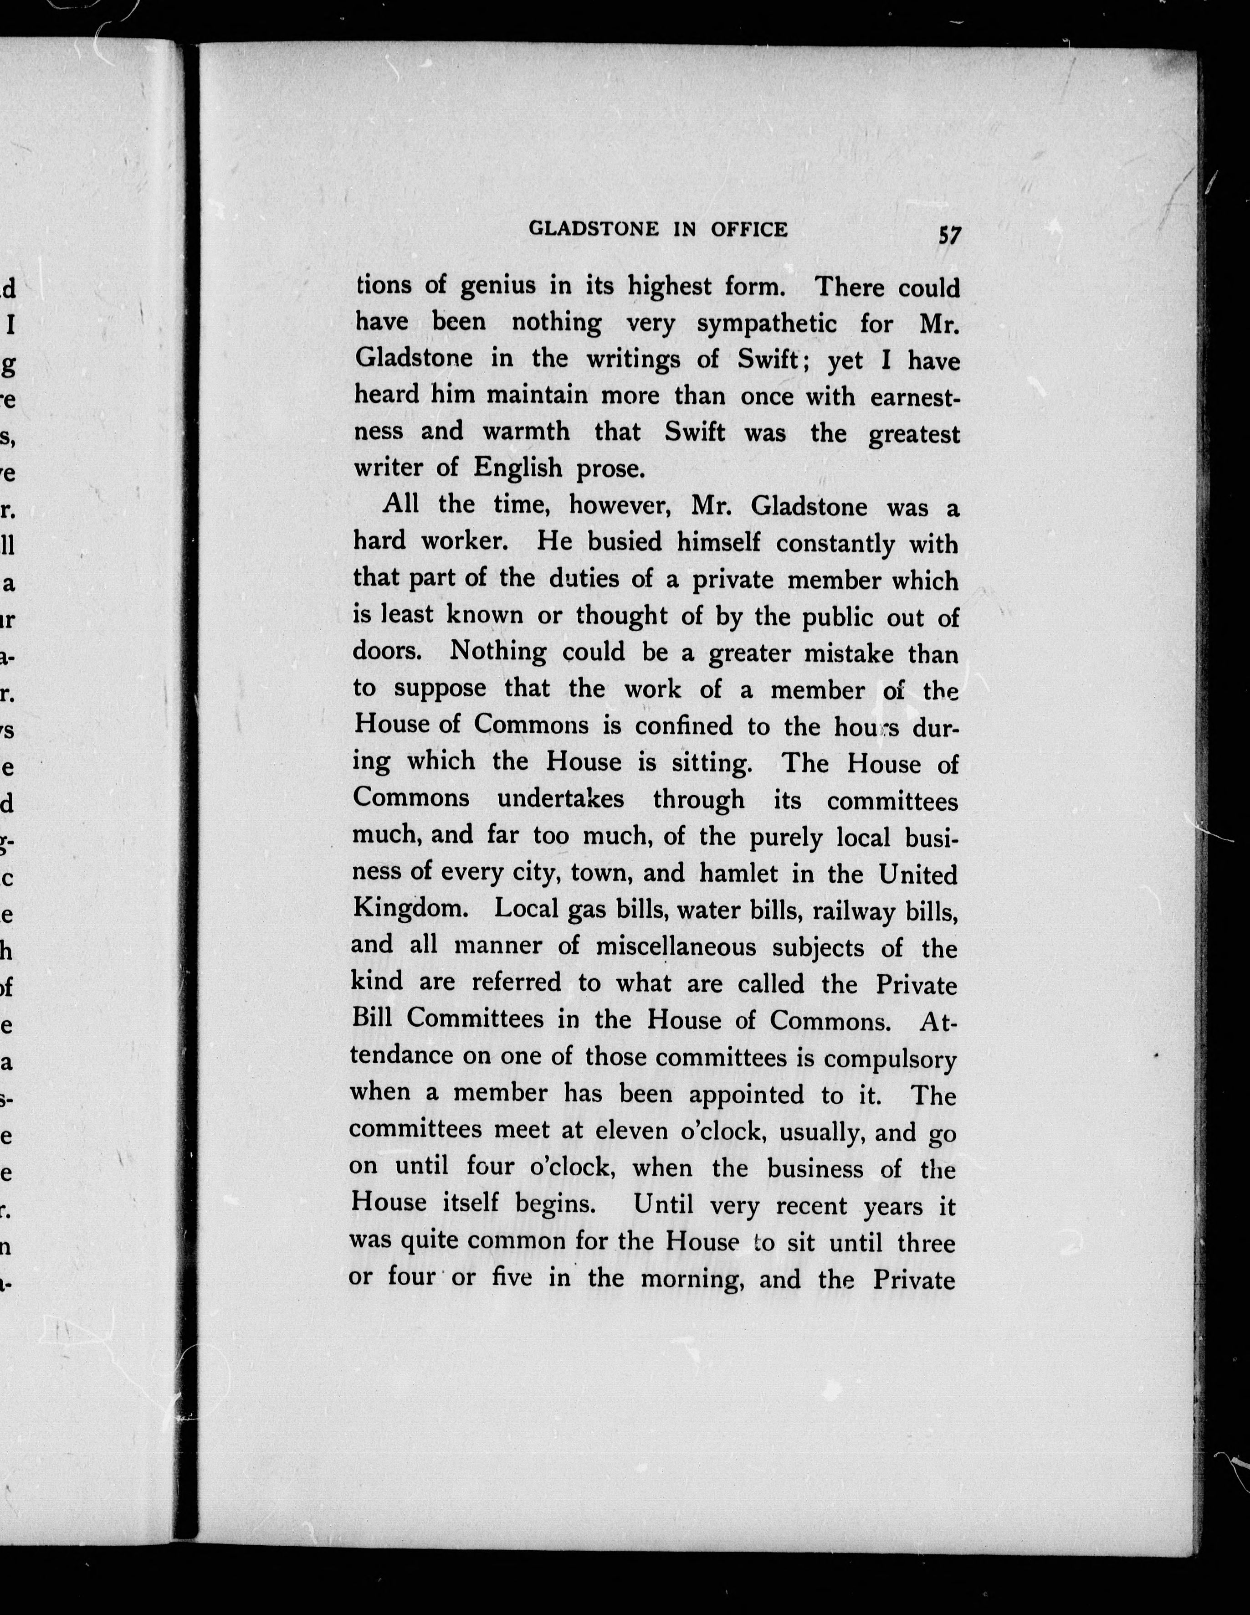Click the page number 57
coord(950,235)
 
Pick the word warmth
coord(526,431)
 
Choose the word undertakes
coord(560,799)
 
